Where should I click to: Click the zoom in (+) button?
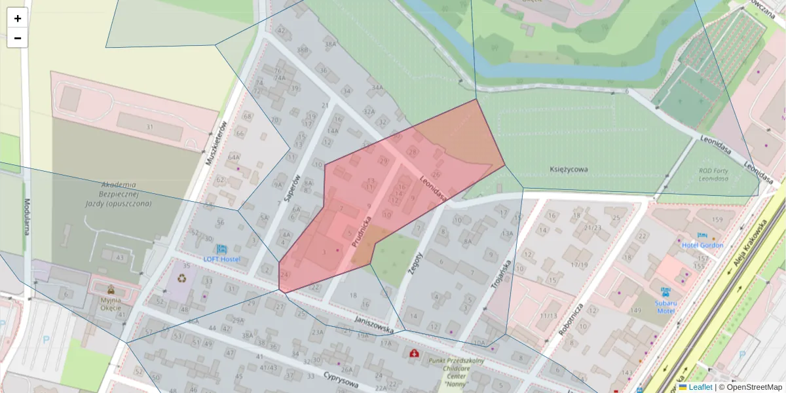(18, 18)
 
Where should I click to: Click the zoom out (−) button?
(18, 38)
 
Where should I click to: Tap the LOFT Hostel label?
(221, 259)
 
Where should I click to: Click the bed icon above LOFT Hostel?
(221, 249)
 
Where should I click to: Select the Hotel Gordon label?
(702, 245)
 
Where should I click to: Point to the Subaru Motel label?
(665, 307)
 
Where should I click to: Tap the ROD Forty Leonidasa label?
(714, 174)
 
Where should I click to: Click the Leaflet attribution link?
(700, 387)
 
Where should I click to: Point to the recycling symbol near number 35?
(181, 278)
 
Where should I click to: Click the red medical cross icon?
(414, 354)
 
